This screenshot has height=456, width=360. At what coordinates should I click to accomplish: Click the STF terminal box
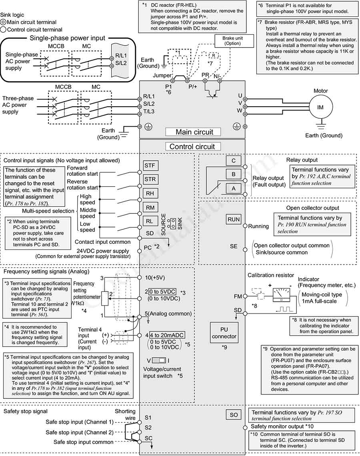pyautogui.click(x=150, y=165)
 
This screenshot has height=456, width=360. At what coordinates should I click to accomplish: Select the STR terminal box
pyautogui.click(x=150, y=179)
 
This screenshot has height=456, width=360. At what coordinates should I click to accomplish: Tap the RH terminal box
pyautogui.click(x=150, y=193)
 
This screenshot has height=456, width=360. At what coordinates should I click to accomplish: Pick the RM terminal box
pyautogui.click(x=150, y=207)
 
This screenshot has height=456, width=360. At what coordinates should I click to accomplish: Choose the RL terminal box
pyautogui.click(x=150, y=221)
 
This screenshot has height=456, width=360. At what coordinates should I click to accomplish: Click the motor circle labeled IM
pyautogui.click(x=320, y=108)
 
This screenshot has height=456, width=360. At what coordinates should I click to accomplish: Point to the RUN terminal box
pyautogui.click(x=234, y=219)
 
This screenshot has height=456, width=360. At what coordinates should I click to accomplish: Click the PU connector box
pyautogui.click(x=224, y=333)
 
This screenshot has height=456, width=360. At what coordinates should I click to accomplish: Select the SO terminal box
pyautogui.click(x=234, y=415)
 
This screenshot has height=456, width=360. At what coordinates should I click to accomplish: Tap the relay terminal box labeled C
pyautogui.click(x=234, y=160)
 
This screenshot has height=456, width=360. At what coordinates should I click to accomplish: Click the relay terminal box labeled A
pyautogui.click(x=234, y=188)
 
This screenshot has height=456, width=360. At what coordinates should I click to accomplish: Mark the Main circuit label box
pyautogui.click(x=193, y=132)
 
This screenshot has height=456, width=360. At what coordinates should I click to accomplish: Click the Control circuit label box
pyautogui.click(x=193, y=146)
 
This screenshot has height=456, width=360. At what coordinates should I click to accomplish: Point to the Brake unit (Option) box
pyautogui.click(x=232, y=41)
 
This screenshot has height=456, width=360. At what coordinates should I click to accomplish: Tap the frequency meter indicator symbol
pyautogui.click(x=281, y=294)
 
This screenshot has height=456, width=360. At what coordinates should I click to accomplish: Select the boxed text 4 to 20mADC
pyautogui.click(x=167, y=335)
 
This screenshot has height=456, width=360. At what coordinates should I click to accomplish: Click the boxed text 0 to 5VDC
pyautogui.click(x=162, y=292)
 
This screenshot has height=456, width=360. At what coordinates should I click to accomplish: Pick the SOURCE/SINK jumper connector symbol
pyautogui.click(x=173, y=223)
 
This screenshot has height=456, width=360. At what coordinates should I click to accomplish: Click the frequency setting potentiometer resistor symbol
pyautogui.click(x=105, y=299)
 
